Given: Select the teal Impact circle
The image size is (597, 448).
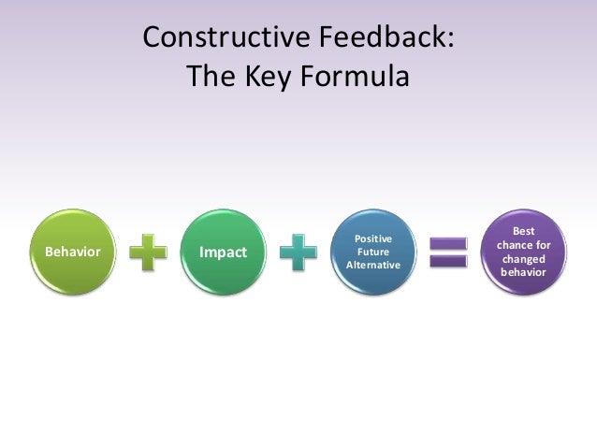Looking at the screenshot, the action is tap(223, 252).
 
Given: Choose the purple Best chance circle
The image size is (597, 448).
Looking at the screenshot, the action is tap(523, 252).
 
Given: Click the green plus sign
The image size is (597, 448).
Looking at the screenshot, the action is tap(148, 253).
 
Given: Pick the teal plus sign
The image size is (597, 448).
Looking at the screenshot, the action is tap(298, 253).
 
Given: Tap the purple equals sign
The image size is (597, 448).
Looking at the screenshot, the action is tap(447, 253).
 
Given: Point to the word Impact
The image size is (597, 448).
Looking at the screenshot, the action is tap(224, 253).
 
